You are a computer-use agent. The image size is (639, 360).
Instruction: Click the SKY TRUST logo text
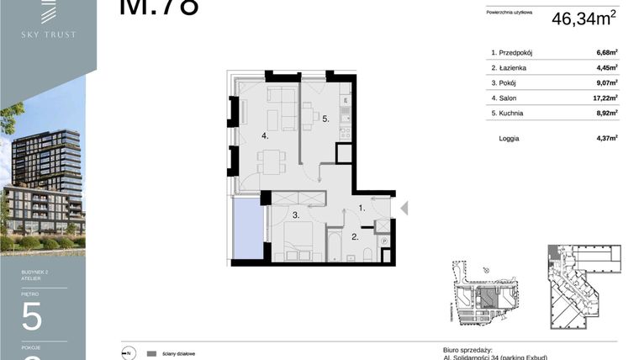49,34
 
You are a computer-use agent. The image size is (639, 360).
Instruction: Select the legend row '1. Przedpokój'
513,53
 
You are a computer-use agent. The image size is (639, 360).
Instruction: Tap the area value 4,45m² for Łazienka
606,68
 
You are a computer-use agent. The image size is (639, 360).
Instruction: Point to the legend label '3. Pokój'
503,83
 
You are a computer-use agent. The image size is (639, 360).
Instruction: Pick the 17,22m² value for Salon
605,98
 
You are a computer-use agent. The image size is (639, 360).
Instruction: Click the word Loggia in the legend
509,138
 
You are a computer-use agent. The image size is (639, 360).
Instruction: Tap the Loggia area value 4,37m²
606,138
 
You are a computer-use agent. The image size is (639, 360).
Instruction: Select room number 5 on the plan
325,119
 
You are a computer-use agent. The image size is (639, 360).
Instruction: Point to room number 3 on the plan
296,215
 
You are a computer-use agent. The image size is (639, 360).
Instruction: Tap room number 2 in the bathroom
354,237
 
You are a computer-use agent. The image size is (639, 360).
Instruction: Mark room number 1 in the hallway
361,207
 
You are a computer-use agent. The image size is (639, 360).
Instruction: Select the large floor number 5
32,316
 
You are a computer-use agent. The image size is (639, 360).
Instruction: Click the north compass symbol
129,353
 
